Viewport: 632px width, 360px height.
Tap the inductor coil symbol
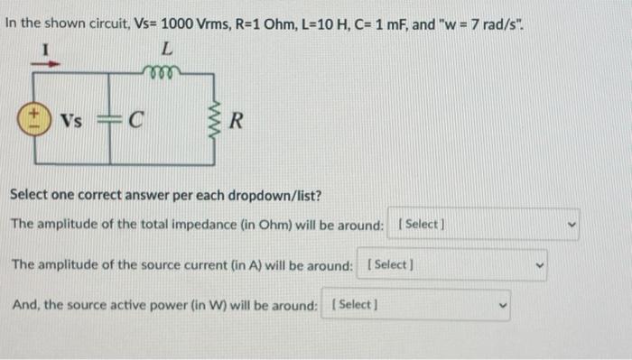pos(164,70)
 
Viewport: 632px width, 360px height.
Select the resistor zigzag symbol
pos(215,118)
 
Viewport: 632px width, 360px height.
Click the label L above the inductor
pos(169,49)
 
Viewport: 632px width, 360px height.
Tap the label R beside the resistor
pos(237,119)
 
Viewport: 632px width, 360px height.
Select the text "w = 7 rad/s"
pos(479,20)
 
